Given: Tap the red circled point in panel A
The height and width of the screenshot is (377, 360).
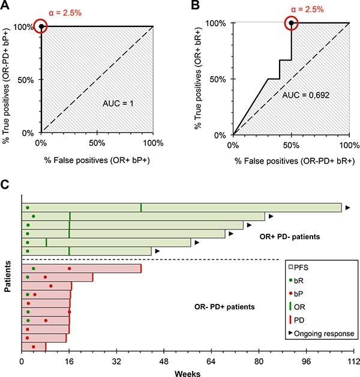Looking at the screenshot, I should pyautogui.click(x=41, y=27).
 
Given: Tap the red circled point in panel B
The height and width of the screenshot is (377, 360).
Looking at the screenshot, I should pyautogui.click(x=292, y=23).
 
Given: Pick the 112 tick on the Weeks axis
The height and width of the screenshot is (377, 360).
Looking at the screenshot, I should pyautogui.click(x=353, y=361).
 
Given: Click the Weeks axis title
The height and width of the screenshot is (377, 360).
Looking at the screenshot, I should pyautogui.click(x=188, y=372).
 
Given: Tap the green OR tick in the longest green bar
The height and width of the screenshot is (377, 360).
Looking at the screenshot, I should pyautogui.click(x=141, y=207).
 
